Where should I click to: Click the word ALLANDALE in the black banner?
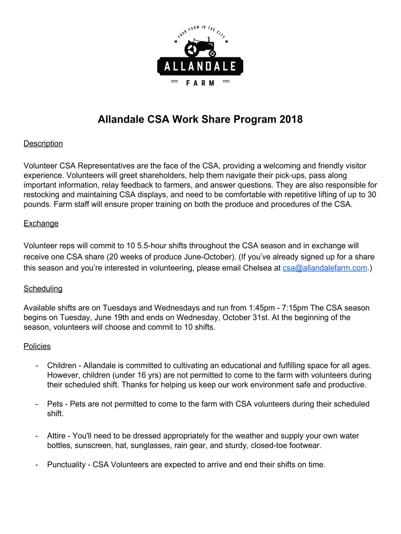[x=200, y=66]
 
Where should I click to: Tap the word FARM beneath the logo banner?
[x=200, y=83]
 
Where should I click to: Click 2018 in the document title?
[x=291, y=120]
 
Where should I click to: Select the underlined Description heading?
[x=43, y=143]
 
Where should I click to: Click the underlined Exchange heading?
[x=41, y=223]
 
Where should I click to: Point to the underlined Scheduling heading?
[x=43, y=288]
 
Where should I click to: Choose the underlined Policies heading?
[x=37, y=346]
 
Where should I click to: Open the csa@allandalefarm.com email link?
[x=325, y=268]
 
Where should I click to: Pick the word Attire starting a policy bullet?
[x=56, y=435]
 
